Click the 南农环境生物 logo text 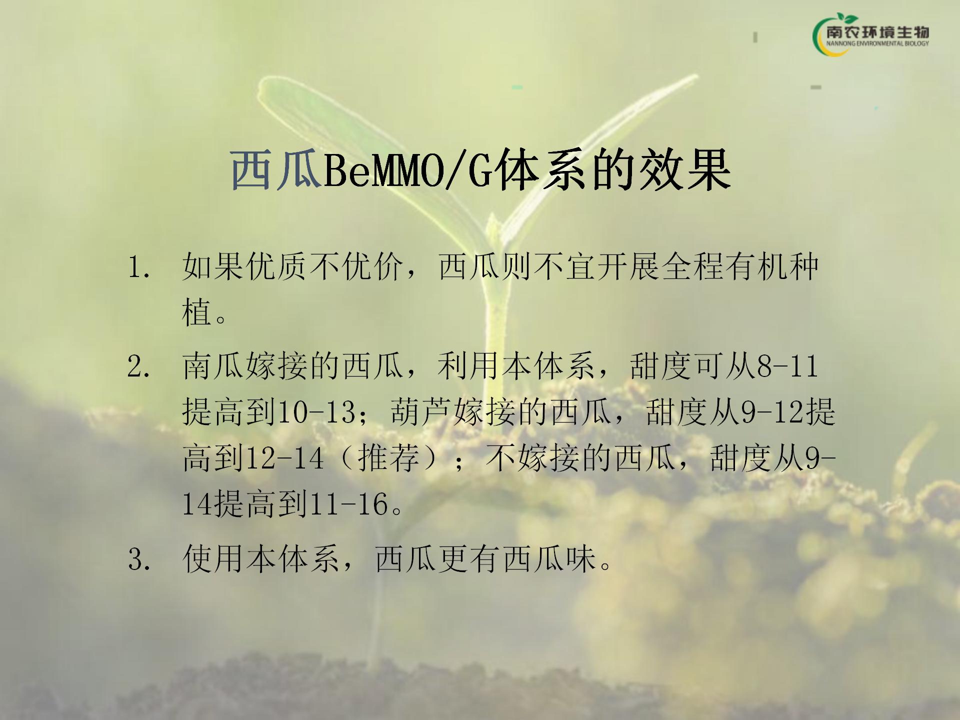pos(877,32)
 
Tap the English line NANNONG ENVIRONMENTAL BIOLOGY pos(877,44)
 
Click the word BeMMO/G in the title pos(407,171)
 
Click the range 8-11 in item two pos(787,366)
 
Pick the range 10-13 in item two pos(315,412)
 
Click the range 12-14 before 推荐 pos(284,458)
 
